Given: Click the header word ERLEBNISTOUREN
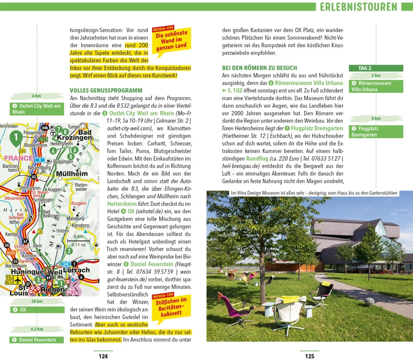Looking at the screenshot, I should coord(358,7).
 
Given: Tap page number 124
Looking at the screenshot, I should coord(103,356).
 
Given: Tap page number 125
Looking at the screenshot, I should coord(310,356).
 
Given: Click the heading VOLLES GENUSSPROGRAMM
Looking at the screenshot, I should coord(106,90).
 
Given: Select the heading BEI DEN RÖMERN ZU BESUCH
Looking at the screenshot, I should coord(260,68).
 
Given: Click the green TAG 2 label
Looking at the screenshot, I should coord(375,68).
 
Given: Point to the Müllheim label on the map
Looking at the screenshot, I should coord(72,174).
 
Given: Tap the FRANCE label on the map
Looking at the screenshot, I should coord(19,158).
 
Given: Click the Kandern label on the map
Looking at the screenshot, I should coord(81,226).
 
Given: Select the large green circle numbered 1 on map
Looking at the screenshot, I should coord(15,137).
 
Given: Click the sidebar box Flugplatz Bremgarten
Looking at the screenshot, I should coord(377,132).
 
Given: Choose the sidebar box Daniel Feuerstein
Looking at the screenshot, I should coord(37,340).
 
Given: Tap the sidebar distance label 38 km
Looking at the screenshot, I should coord(37,301).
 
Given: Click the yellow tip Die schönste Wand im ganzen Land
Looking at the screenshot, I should coord(171,40).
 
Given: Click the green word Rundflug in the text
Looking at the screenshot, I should coord(257,159).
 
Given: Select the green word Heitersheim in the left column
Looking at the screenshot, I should coord(122,204).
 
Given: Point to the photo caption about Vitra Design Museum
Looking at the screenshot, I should coord(314,193).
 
